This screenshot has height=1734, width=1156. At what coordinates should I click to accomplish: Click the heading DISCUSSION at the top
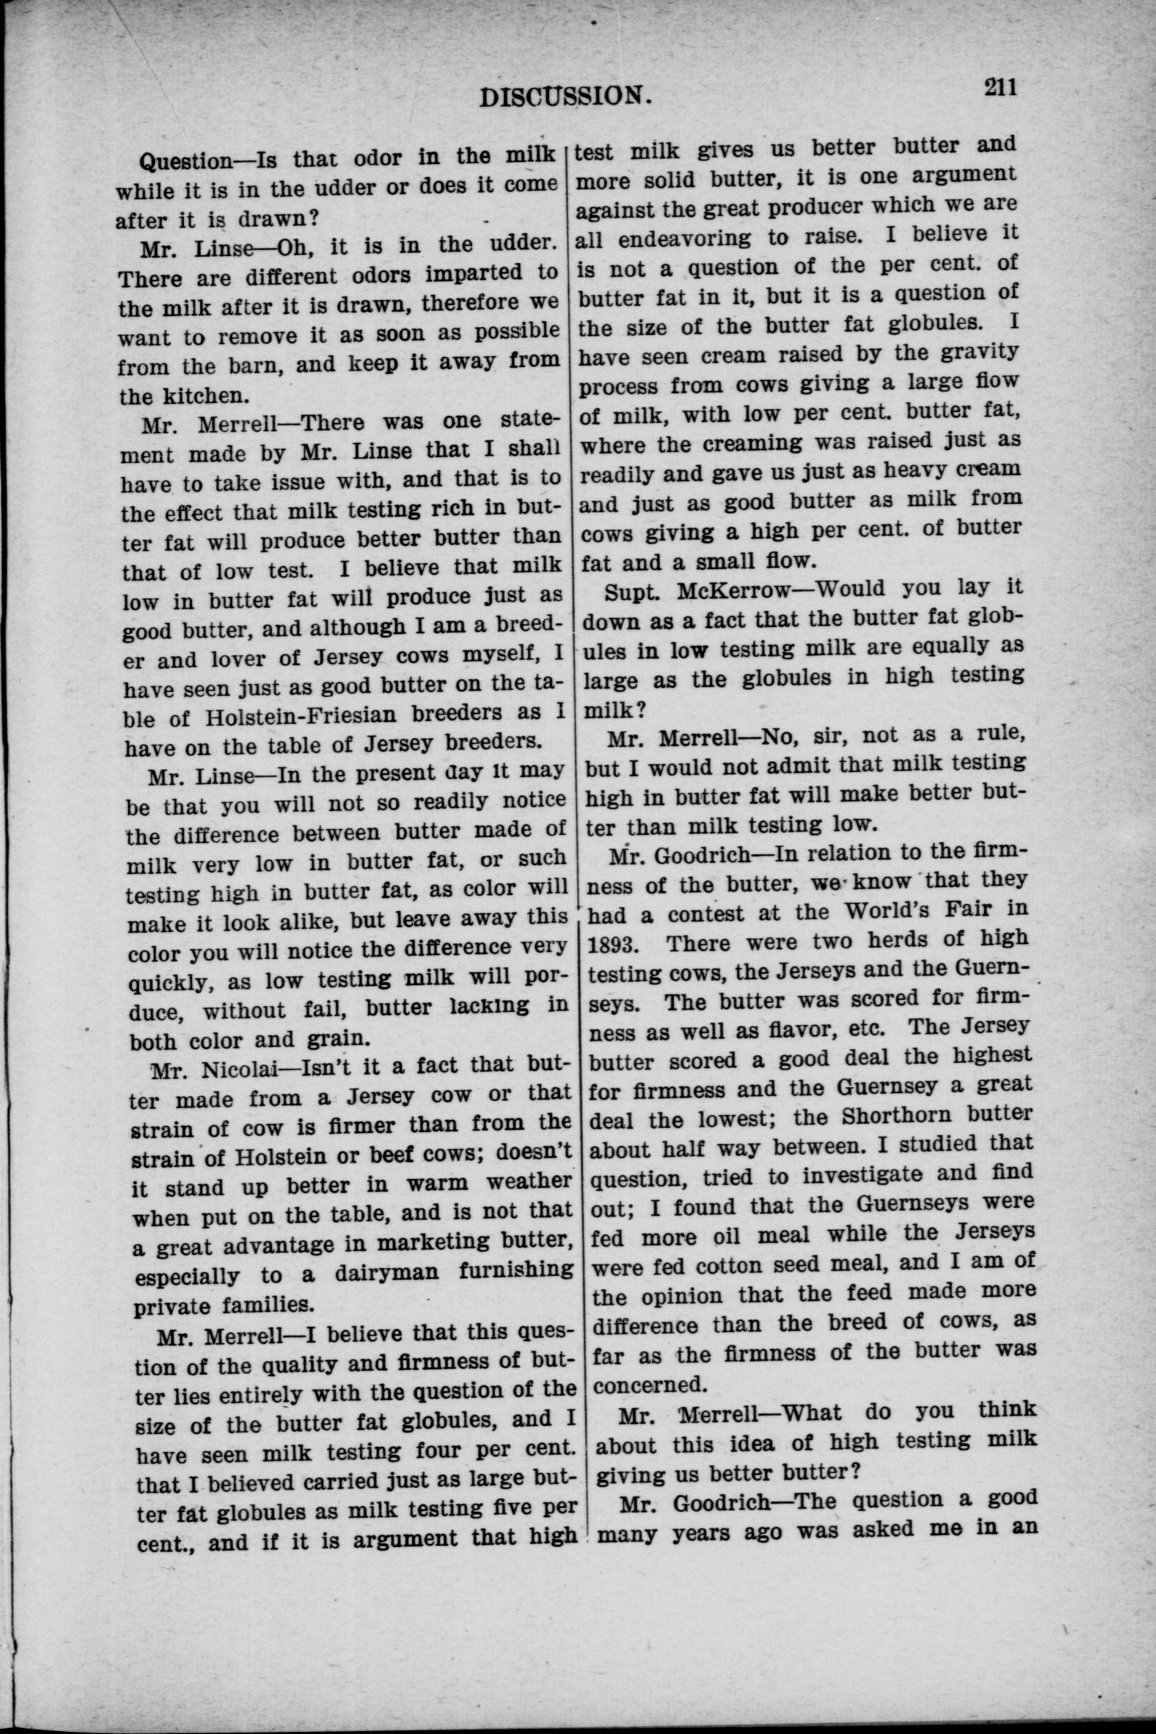566,96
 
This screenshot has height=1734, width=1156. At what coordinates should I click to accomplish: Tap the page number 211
999,87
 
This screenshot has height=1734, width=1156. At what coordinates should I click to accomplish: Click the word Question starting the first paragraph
186,159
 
